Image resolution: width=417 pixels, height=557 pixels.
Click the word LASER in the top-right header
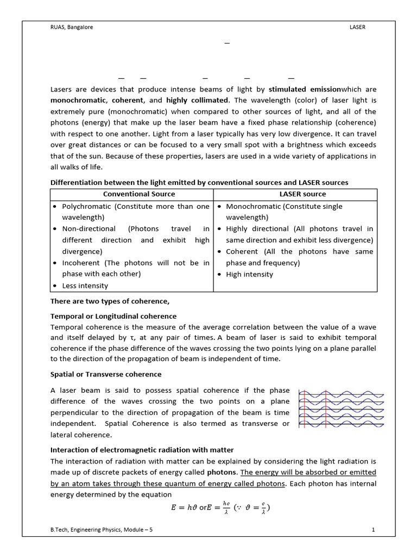click(x=358, y=27)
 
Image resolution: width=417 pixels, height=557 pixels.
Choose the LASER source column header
click(x=296, y=194)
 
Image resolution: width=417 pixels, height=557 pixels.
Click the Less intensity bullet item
click(x=85, y=286)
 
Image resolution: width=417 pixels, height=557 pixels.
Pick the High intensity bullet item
click(x=249, y=274)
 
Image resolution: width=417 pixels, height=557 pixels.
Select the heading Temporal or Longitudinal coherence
click(x=113, y=316)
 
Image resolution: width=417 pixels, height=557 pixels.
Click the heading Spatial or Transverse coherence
click(x=106, y=374)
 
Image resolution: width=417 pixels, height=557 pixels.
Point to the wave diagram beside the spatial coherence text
click(x=342, y=409)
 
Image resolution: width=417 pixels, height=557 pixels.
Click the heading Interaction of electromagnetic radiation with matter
click(x=142, y=450)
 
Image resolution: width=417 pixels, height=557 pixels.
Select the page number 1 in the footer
click(x=374, y=529)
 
